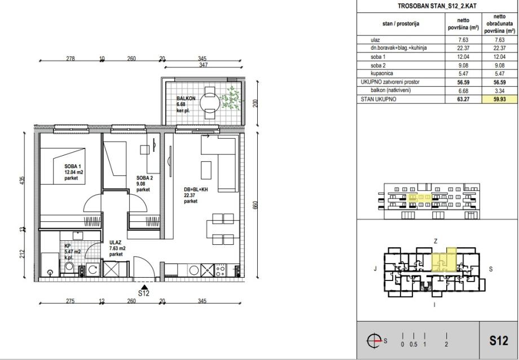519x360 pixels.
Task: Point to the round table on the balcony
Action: pyautogui.click(x=210, y=103)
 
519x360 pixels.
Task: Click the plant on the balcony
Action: pyautogui.click(x=230, y=98)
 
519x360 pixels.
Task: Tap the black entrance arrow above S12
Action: pyautogui.click(x=144, y=287)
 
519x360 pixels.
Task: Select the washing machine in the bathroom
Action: pyautogui.click(x=93, y=270)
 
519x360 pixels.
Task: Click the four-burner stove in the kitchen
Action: pyautogui.click(x=221, y=270)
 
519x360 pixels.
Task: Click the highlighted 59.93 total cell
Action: pyautogui.click(x=499, y=99)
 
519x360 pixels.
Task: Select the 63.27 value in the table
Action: pyautogui.click(x=463, y=99)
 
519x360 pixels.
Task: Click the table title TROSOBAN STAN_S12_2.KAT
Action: pyautogui.click(x=437, y=6)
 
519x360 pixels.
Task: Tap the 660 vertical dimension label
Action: pyautogui.click(x=255, y=205)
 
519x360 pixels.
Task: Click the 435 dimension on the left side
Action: pyautogui.click(x=22, y=180)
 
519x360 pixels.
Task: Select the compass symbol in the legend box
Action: pyautogui.click(x=374, y=340)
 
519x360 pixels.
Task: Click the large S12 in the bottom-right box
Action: pyautogui.click(x=499, y=340)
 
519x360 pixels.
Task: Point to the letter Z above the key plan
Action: pyautogui.click(x=436, y=242)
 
